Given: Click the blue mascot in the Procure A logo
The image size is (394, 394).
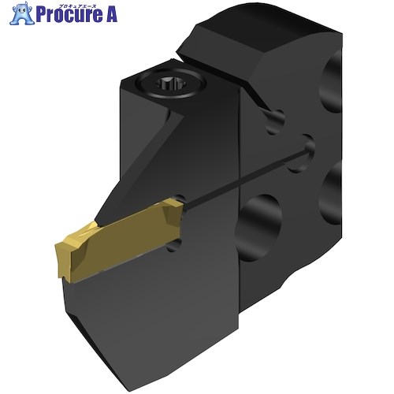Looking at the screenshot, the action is (22, 13).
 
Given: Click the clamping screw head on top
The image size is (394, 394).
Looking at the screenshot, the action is (171, 84).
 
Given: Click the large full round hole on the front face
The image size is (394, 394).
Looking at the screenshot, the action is (259, 228).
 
